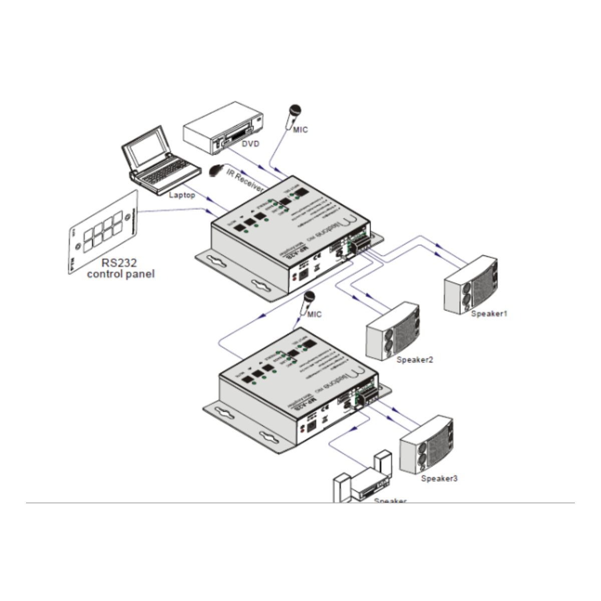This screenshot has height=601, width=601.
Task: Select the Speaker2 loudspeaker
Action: (393, 330)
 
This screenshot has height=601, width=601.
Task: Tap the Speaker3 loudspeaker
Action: (426, 444)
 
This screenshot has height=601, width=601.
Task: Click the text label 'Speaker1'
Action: (489, 314)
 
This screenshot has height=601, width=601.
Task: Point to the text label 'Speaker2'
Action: (414, 360)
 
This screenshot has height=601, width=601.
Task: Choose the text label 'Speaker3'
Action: (439, 478)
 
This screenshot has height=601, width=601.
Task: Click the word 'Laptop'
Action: (182, 194)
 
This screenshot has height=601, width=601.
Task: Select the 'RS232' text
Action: (120, 262)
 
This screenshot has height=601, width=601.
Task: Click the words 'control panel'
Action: (120, 274)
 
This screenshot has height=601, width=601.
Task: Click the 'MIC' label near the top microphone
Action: (300, 130)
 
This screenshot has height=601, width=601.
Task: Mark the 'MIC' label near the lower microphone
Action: (314, 315)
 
